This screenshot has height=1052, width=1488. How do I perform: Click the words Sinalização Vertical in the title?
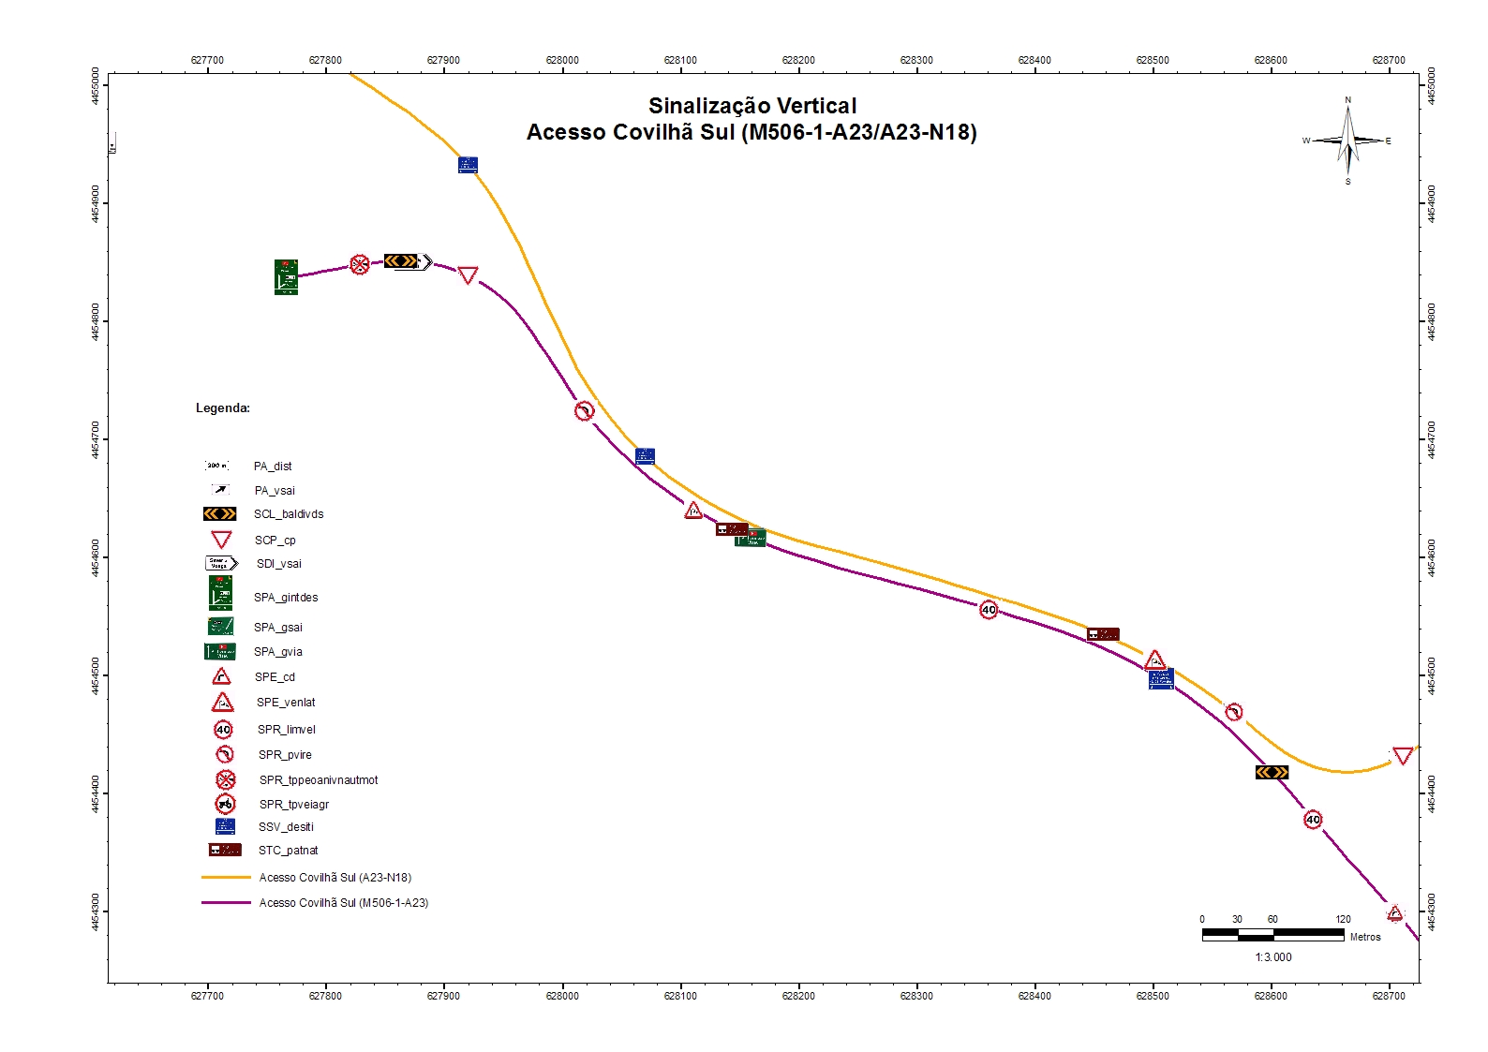click(752, 106)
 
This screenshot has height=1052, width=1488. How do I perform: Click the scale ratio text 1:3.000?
click(1272, 956)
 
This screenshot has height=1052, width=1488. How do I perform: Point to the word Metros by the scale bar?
click(1364, 937)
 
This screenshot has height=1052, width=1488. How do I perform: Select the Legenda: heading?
click(223, 408)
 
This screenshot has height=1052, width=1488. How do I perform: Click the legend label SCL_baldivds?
click(289, 514)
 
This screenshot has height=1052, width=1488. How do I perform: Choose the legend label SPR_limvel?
click(287, 730)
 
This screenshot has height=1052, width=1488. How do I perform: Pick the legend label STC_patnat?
click(289, 851)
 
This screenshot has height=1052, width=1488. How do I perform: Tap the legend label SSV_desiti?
click(286, 827)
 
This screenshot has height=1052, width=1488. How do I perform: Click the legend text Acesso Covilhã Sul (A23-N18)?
click(335, 878)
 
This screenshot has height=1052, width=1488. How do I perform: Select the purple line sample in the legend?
click(226, 903)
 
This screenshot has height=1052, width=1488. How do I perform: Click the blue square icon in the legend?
click(225, 826)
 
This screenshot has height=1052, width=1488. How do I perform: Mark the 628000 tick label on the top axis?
click(562, 60)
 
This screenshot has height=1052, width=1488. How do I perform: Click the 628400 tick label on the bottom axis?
click(1034, 996)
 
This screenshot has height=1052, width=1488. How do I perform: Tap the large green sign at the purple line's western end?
click(286, 277)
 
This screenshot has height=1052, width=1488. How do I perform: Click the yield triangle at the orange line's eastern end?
click(1402, 755)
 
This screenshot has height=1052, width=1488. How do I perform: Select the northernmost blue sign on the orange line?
click(468, 165)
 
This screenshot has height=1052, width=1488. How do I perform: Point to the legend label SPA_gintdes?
click(286, 598)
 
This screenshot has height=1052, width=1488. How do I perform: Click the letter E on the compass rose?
click(1388, 141)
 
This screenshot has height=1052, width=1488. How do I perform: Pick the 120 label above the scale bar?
click(1343, 919)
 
